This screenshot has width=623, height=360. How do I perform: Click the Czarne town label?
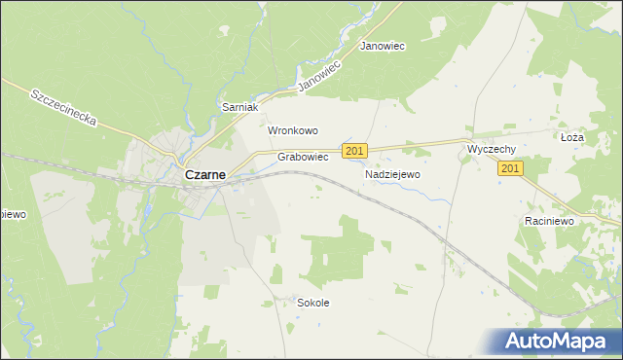(205, 175)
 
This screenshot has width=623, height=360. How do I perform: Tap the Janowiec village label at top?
(383, 46)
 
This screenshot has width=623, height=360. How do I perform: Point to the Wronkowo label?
(293, 130)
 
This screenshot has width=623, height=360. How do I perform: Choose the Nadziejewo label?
(391, 174)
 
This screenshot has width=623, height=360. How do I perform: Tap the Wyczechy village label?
(491, 149)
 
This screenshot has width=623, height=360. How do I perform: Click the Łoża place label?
(571, 138)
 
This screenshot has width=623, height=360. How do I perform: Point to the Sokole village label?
(312, 303)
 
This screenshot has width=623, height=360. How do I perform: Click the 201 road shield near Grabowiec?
(354, 151)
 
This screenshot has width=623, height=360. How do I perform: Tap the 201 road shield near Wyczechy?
(511, 168)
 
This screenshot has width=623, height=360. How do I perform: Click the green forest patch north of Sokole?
(341, 253)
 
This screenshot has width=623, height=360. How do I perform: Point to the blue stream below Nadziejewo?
(428, 195)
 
